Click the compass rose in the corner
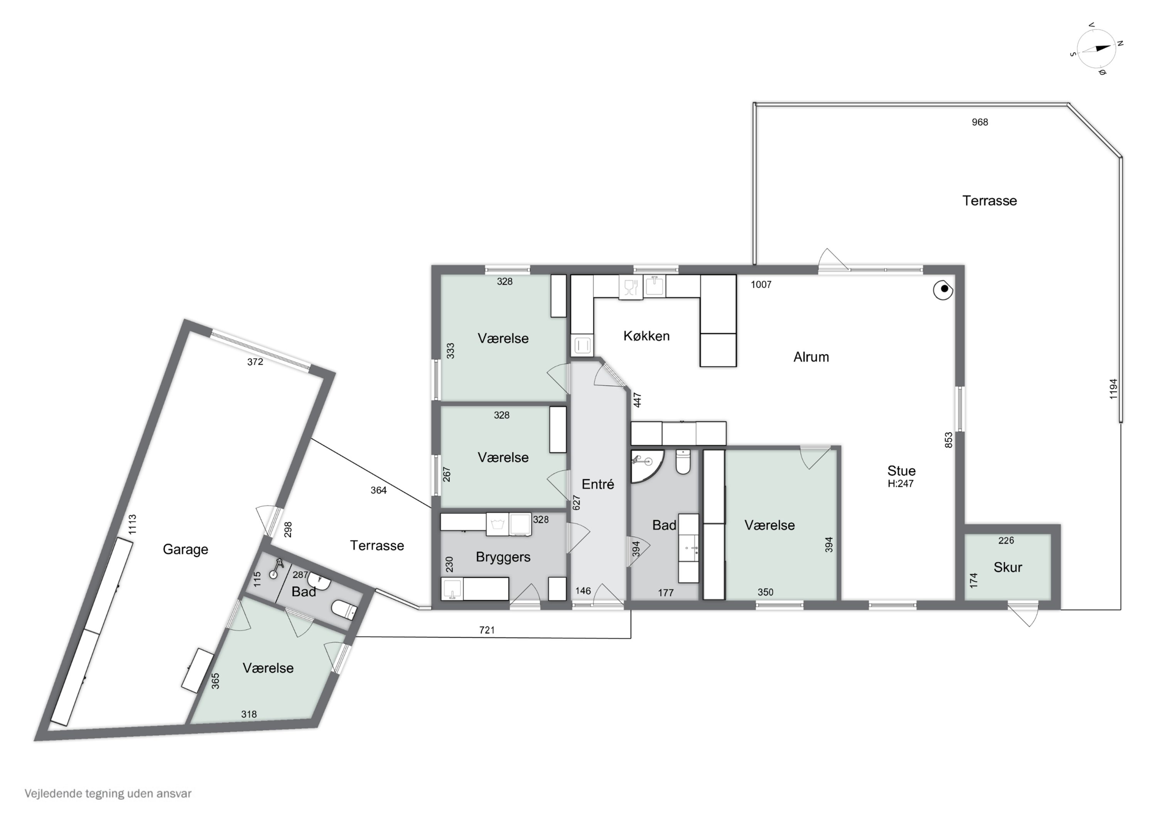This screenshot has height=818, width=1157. pos(1096,48)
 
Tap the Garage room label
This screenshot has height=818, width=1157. pos(186,549)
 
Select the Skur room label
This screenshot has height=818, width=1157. pos(1008,567)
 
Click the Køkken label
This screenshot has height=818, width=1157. pos(646,336)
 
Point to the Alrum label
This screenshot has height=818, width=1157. pos(811,357)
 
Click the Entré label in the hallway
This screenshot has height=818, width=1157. pos(598,484)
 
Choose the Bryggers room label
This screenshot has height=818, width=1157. pos(503,557)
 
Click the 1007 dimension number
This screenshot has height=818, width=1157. pos(761,285)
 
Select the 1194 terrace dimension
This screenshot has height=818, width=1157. pos(1113,389)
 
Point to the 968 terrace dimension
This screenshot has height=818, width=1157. pos(980,122)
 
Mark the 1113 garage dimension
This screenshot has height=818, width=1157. pos(132,524)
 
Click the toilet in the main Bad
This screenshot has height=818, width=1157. pos(683,462)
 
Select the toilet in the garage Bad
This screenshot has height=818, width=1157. pos(344,610)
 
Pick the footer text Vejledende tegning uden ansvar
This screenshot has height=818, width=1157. pos(108,793)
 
